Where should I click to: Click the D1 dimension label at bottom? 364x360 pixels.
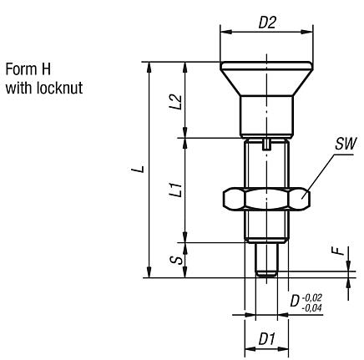tap(266, 340)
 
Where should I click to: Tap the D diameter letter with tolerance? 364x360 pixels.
tap(295, 299)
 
